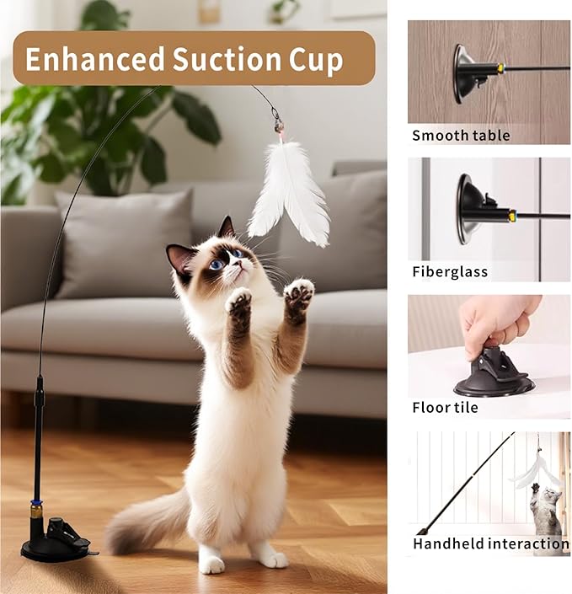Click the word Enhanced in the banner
pos(94,60)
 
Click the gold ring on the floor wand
pos(37,511)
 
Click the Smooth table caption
pos(461,135)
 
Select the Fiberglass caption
pos(450,271)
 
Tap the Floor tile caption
pos(445,408)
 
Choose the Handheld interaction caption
pos(489,543)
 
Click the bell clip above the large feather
pos(277,124)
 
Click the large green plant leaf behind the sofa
pos(193,117)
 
